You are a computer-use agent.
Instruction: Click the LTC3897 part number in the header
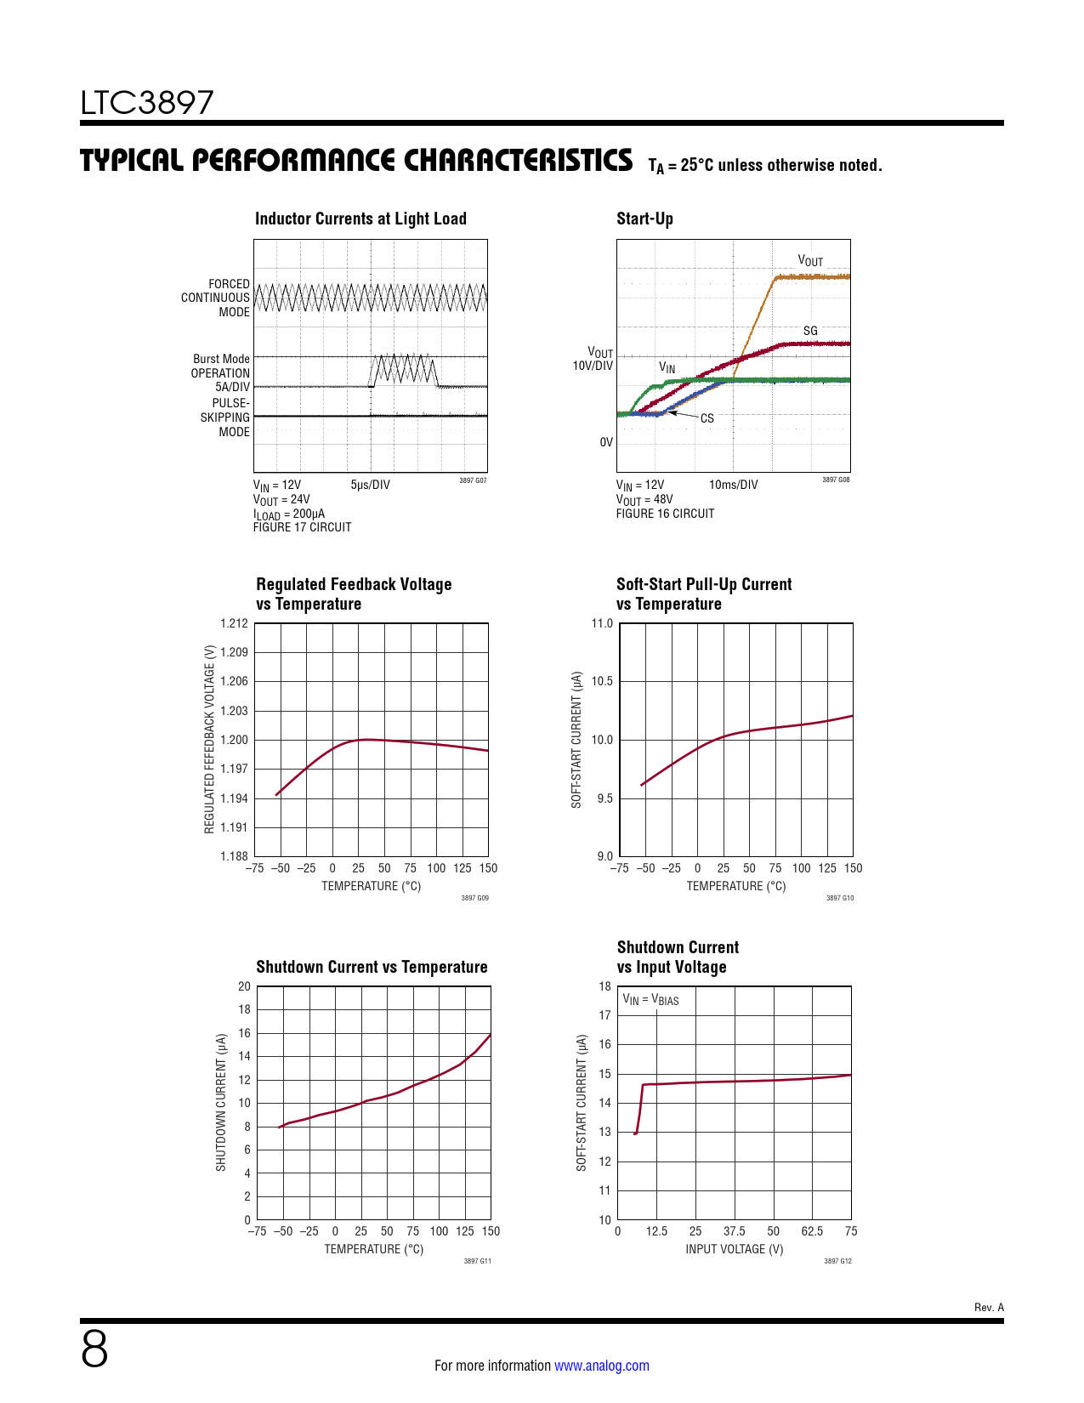147,103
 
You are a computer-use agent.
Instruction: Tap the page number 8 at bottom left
94,1349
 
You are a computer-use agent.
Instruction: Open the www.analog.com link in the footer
601,1366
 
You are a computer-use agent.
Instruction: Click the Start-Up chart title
644,219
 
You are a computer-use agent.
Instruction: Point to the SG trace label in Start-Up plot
810,331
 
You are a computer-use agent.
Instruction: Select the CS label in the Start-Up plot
707,418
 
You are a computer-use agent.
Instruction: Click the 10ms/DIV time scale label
733,485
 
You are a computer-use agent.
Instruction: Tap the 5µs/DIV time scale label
370,485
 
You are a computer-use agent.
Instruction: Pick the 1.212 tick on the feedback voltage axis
234,623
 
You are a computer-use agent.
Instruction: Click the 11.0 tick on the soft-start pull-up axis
602,623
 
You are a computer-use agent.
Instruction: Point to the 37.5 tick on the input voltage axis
734,1231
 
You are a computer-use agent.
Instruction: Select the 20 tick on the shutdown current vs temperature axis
244,986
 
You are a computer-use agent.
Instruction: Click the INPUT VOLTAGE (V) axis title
734,1249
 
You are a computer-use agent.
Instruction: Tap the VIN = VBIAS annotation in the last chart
650,1000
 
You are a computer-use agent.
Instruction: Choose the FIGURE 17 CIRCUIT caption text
302,527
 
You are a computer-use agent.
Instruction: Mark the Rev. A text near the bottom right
989,1307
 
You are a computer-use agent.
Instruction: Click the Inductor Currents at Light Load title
360,219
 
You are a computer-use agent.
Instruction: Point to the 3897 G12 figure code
837,1261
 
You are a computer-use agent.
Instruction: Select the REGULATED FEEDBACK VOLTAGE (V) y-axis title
209,739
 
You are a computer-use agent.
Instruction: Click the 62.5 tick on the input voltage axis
812,1231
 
